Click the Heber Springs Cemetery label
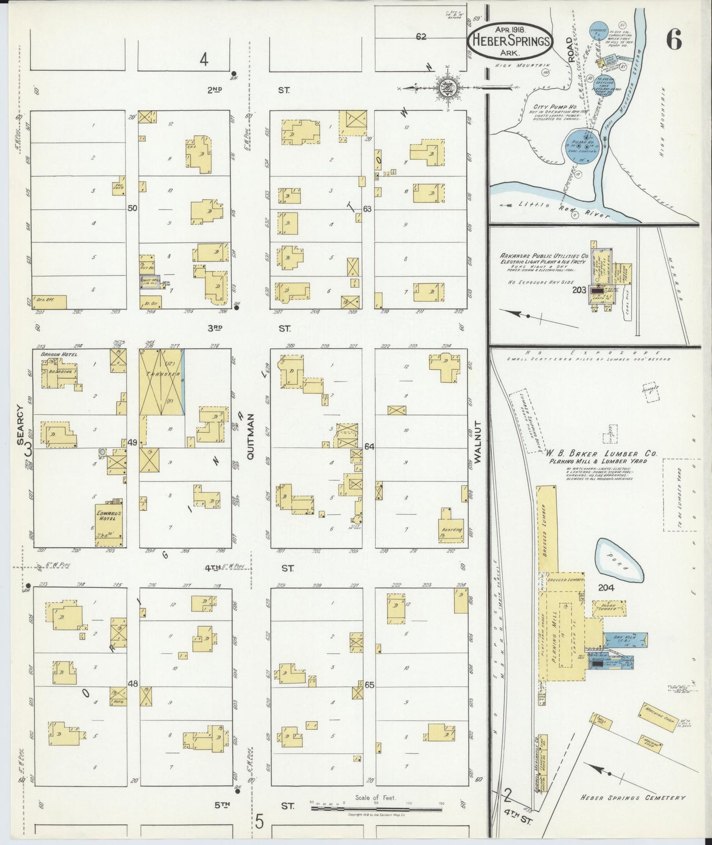tap(633, 798)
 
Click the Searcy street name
tap(20, 424)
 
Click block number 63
tap(367, 209)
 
